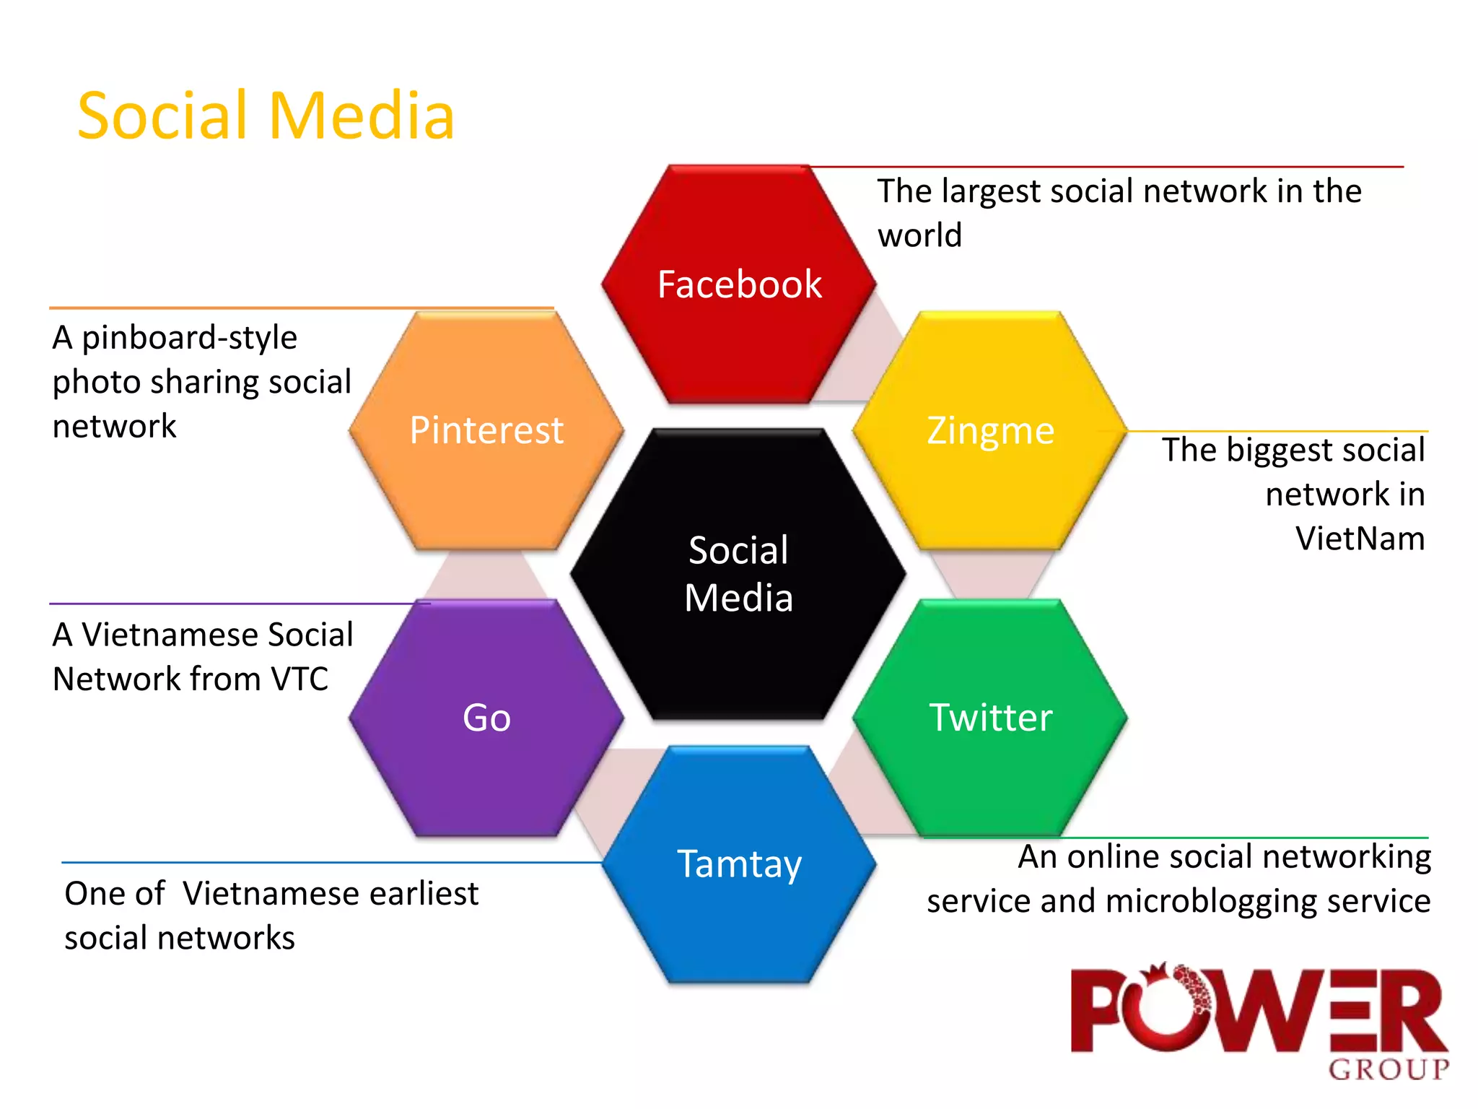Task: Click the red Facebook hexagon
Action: pos(739,284)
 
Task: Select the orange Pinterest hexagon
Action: pos(486,430)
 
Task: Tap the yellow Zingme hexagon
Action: pos(990,430)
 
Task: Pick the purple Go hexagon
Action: pos(486,718)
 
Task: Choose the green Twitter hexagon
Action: pos(990,718)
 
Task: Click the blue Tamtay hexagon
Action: pos(739,864)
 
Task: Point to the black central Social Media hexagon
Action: pos(739,573)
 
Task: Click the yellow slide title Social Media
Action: pos(266,116)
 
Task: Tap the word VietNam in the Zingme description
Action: pos(1360,539)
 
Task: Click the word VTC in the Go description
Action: pos(299,679)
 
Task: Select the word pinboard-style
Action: pos(189,338)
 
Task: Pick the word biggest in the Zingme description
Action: pos(1274,451)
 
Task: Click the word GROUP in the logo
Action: pos(1389,1069)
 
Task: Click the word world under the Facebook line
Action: pos(919,236)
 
